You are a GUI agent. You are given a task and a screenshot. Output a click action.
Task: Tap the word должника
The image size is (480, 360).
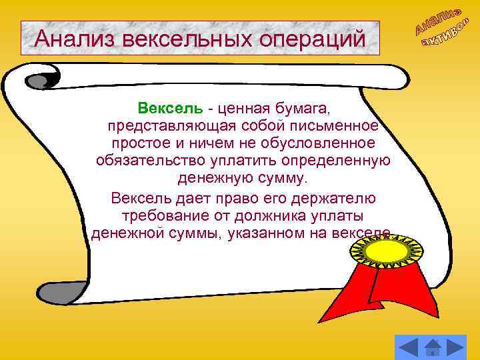click(283, 216)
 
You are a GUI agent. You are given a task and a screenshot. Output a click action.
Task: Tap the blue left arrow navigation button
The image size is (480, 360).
click(409, 347)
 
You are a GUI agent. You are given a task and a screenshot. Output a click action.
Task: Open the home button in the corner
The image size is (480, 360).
click(433, 347)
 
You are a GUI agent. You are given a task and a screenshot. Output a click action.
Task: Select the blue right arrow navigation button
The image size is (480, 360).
click(457, 347)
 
